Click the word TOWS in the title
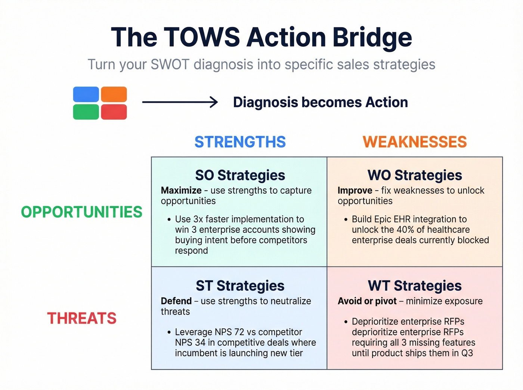pyautogui.click(x=202, y=37)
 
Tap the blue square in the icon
pyautogui.click(x=86, y=94)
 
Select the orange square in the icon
pyautogui.click(x=114, y=94)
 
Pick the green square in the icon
pyautogui.click(x=86, y=112)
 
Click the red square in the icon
pyautogui.click(x=114, y=112)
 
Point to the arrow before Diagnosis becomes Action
pyautogui.click(x=180, y=102)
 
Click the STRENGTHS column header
pyautogui.click(x=240, y=142)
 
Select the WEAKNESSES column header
pyautogui.click(x=415, y=142)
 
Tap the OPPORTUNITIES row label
pyautogui.click(x=81, y=212)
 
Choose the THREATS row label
pyautogui.click(x=81, y=318)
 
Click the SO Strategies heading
pyautogui.click(x=240, y=175)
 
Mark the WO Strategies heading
pyautogui.click(x=415, y=175)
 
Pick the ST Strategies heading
pyautogui.click(x=240, y=286)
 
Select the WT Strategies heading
pyautogui.click(x=415, y=286)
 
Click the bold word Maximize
pyautogui.click(x=181, y=190)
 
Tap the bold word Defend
pyautogui.click(x=176, y=301)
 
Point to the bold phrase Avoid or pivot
pyautogui.click(x=367, y=301)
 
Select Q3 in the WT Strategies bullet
pyautogui.click(x=467, y=353)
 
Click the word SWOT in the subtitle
pyautogui.click(x=170, y=64)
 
